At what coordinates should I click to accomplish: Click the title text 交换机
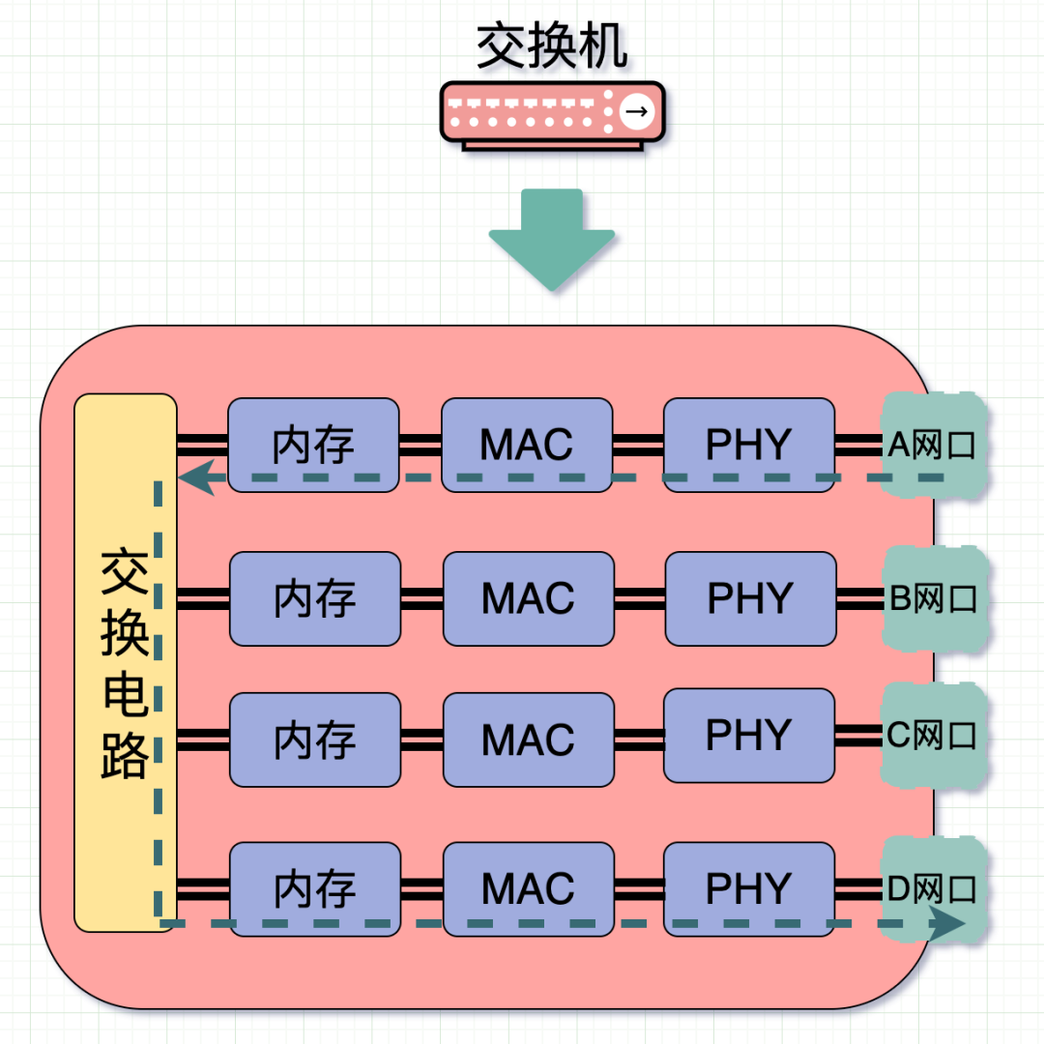pos(552,45)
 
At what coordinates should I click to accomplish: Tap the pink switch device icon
pos(552,114)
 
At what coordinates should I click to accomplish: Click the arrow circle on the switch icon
pos(635,112)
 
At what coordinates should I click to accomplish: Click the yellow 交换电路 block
pos(126,662)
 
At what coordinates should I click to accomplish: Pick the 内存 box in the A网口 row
pos(313,445)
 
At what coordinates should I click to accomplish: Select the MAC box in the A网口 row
pos(527,445)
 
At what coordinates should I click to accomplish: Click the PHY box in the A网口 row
pos(749,445)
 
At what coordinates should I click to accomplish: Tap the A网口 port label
pos(932,445)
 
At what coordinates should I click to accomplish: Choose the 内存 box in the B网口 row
pos(314,598)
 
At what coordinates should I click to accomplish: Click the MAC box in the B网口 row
pos(529,598)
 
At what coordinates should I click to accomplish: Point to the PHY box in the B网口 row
pos(750,598)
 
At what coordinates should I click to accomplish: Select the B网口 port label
pos(933,598)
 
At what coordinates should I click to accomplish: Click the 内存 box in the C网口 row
pos(314,739)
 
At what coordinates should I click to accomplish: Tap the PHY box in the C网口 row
pos(749,735)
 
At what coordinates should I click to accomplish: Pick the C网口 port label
pos(932,736)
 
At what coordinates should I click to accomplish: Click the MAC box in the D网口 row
pos(529,888)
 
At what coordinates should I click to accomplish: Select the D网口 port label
pos(932,889)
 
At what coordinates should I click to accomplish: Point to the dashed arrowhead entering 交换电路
pos(196,478)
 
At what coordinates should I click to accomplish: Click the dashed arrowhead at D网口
pos(946,923)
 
